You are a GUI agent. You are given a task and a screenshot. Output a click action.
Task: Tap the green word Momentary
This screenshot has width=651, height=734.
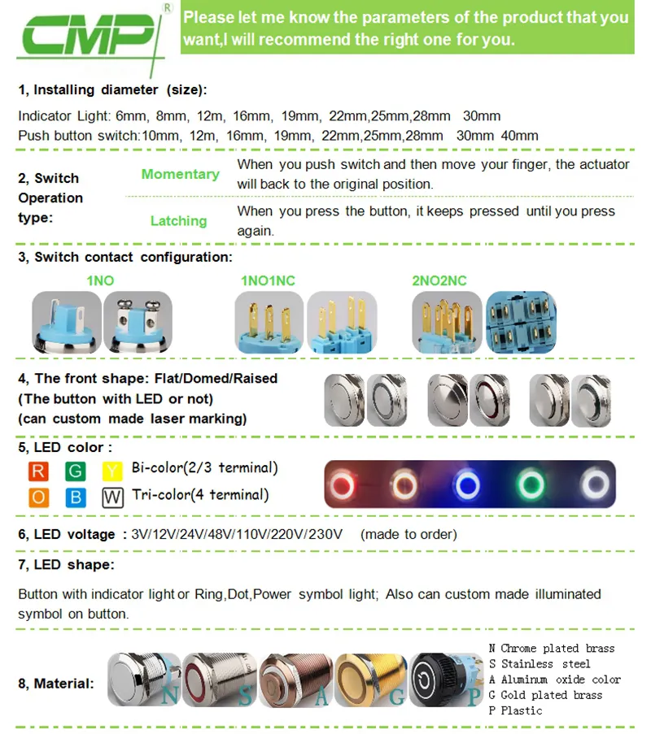pyautogui.click(x=180, y=174)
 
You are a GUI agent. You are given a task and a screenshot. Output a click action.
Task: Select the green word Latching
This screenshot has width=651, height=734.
pyautogui.click(x=178, y=220)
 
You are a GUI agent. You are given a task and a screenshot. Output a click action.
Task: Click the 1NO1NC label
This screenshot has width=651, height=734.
pyautogui.click(x=268, y=280)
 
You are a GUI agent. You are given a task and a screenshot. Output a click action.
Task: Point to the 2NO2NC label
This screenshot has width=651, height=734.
pyautogui.click(x=439, y=280)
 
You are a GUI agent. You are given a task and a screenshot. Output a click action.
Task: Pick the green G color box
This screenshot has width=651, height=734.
pyautogui.click(x=76, y=471)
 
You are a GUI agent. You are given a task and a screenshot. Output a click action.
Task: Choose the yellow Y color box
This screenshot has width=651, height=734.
pyautogui.click(x=112, y=471)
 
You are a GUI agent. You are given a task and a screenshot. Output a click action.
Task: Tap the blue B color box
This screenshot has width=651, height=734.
pyautogui.click(x=76, y=497)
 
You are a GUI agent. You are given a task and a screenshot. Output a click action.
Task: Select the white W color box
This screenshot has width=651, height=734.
pyautogui.click(x=112, y=497)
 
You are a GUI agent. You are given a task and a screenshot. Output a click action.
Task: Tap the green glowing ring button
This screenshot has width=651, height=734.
pyautogui.click(x=529, y=485)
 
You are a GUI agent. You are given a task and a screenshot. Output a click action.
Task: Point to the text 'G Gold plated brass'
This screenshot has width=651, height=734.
pyautogui.click(x=545, y=694)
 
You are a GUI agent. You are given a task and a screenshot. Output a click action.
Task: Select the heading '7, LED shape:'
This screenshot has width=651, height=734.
pyautogui.click(x=66, y=564)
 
